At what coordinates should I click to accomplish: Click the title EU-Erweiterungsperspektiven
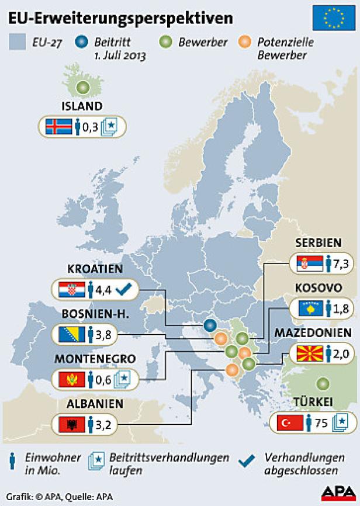pyautogui.click(x=120, y=18)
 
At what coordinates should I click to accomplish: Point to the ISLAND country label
pyautogui.click(x=82, y=106)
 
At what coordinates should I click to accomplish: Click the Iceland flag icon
pyautogui.click(x=58, y=126)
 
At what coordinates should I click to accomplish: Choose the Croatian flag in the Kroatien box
pyautogui.click(x=72, y=288)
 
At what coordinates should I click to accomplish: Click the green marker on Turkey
pyautogui.click(x=322, y=384)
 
